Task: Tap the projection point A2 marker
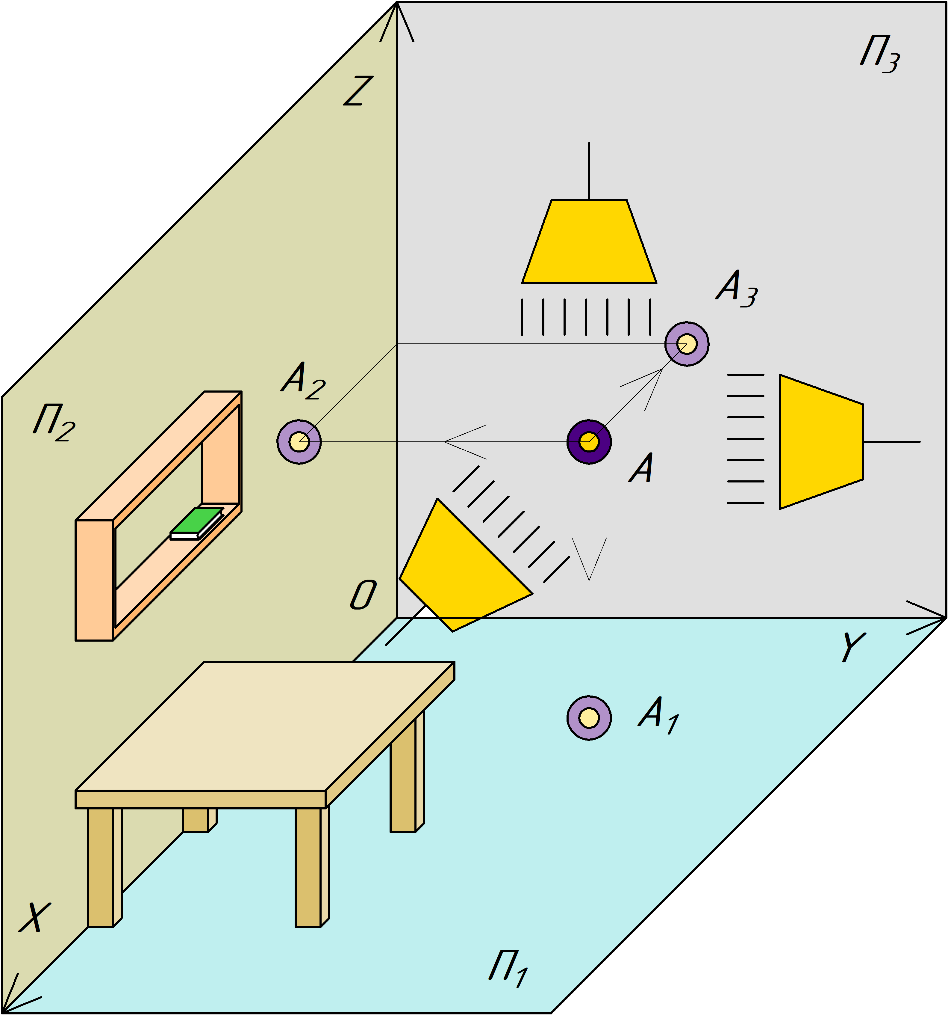click(299, 442)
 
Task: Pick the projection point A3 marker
click(687, 344)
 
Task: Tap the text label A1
click(658, 714)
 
